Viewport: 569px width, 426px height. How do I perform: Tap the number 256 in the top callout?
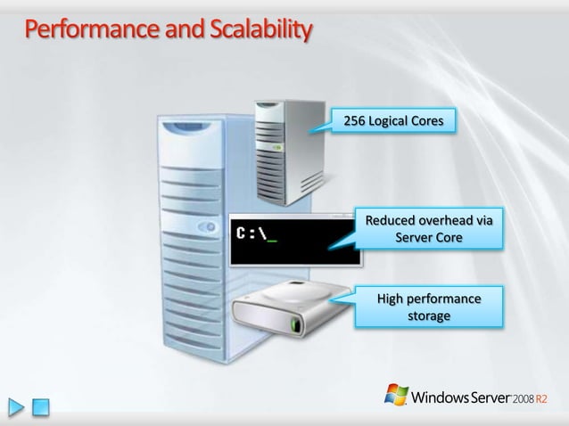click(355, 120)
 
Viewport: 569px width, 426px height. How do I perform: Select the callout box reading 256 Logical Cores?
click(393, 120)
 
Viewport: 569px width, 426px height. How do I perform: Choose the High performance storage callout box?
click(428, 307)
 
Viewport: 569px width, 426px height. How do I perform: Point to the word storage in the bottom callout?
click(429, 315)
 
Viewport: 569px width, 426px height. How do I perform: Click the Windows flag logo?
click(396, 395)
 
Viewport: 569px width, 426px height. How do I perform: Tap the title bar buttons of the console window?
click(339, 217)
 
